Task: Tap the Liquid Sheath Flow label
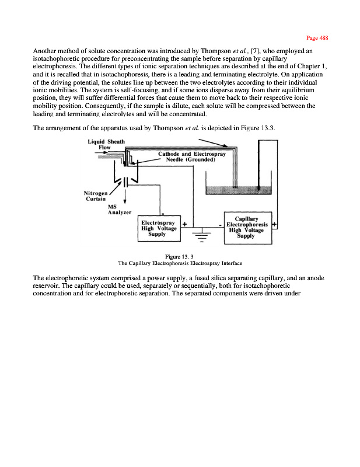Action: tap(100, 144)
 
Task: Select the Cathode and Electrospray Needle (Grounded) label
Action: tap(187, 158)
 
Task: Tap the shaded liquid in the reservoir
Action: tap(239, 190)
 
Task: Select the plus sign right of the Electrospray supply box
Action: tap(184, 224)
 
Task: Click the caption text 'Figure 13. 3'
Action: tap(180, 256)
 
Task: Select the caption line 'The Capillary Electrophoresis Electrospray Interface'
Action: tap(180, 263)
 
